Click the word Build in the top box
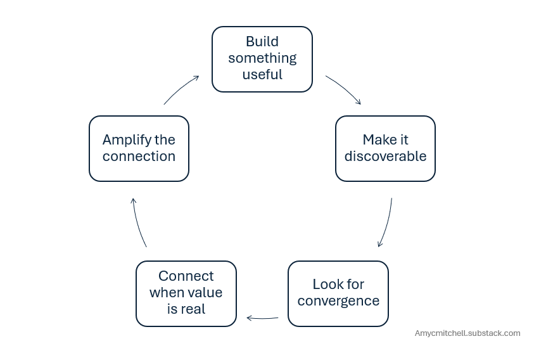262,41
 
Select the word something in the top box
262,58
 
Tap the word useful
262,74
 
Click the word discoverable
386,156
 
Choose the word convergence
338,301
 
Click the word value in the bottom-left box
205,292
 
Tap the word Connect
186,276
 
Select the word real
193,309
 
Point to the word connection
139,156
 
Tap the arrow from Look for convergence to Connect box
262,318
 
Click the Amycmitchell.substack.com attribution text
467,333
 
